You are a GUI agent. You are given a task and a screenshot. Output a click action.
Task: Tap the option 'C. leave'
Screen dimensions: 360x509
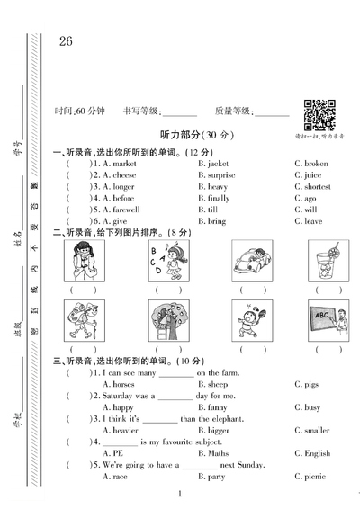pyautogui.click(x=308, y=221)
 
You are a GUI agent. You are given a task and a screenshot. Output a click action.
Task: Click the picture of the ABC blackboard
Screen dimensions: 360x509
pyautogui.click(x=327, y=318)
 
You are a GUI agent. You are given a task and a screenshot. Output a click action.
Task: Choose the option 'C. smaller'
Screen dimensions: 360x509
pyautogui.click(x=312, y=431)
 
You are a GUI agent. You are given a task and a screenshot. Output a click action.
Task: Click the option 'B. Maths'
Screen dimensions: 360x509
pyautogui.click(x=213, y=453)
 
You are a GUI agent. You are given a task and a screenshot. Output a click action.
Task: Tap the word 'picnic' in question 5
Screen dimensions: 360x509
pyautogui.click(x=315, y=477)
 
